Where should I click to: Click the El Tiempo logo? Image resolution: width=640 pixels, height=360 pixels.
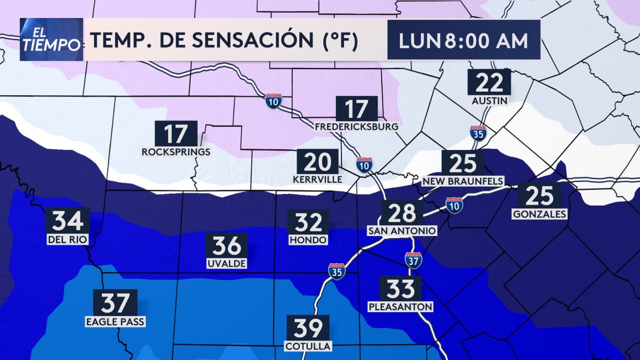click(51, 39)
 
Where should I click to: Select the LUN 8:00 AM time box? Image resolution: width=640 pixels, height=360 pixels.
click(463, 40)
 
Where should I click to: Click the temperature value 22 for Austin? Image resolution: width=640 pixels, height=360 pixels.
click(489, 82)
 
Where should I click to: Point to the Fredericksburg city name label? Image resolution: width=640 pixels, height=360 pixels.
click(356, 126)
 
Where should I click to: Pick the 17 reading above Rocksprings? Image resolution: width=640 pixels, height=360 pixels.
click(176, 133)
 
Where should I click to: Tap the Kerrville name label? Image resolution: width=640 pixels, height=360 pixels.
click(318, 179)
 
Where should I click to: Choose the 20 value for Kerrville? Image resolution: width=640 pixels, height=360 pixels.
click(318, 162)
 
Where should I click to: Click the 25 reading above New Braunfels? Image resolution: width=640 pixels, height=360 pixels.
click(462, 163)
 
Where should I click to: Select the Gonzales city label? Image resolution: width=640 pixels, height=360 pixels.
click(539, 214)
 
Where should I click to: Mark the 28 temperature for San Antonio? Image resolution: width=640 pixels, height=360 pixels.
click(402, 213)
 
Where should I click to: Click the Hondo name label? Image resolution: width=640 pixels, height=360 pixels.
click(308, 240)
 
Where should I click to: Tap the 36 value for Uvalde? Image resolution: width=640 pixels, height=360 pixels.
click(226, 246)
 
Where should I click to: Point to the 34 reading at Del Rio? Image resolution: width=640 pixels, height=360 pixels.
click(67, 220)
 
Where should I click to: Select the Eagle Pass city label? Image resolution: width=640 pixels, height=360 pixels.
click(115, 322)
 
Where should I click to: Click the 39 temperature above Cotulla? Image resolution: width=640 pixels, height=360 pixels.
click(308, 328)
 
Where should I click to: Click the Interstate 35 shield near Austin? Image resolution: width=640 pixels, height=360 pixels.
click(478, 133)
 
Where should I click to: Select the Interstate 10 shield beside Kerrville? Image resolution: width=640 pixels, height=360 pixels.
click(364, 164)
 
